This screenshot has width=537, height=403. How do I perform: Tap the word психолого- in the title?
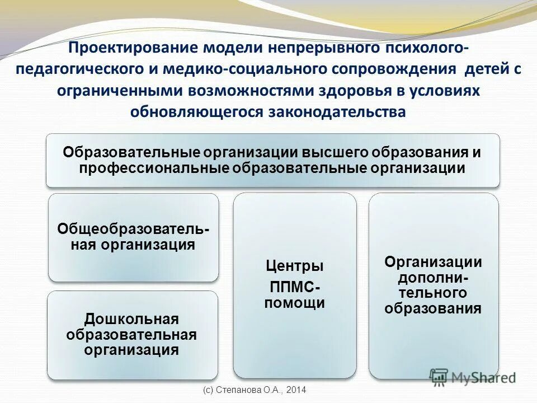tap(420, 48)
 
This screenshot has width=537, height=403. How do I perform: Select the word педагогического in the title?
tap(82, 69)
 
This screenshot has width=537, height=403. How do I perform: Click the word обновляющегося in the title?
tap(196, 112)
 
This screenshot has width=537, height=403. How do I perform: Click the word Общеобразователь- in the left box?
tap(134, 231)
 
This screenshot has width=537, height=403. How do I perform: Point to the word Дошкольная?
tap(131, 319)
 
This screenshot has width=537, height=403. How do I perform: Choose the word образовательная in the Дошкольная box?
tap(131, 335)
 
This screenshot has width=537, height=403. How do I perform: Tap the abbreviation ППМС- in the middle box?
tap(294, 288)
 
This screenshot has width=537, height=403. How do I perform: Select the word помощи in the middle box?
tap(294, 303)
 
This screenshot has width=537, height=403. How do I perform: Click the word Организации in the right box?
tap(433, 262)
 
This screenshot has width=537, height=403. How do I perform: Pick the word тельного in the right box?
tap(433, 293)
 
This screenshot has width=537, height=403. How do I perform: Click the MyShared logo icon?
tap(439, 377)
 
